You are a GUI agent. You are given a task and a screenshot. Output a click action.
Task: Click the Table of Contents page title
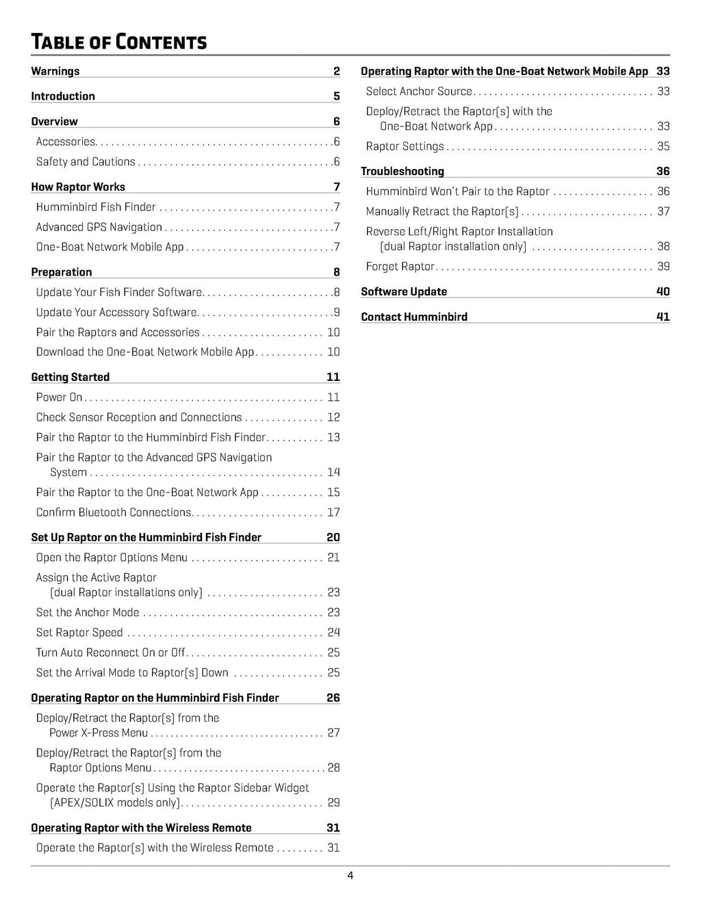pyautogui.click(x=118, y=42)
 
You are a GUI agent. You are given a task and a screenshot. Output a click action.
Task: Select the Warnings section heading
pyautogui.click(x=55, y=71)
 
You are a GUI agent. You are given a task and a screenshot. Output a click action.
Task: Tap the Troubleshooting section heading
pyautogui.click(x=403, y=171)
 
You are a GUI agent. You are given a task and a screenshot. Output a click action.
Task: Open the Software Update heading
pyautogui.click(x=404, y=291)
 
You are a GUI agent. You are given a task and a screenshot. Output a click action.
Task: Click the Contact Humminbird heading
pyautogui.click(x=414, y=317)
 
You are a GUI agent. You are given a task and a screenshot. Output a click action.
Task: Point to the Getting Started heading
pyautogui.click(x=71, y=377)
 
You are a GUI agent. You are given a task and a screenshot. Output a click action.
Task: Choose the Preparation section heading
pyautogui.click(x=62, y=272)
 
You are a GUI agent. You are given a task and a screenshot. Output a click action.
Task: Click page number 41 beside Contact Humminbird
pyautogui.click(x=663, y=317)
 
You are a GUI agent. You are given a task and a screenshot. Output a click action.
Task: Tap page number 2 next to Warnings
pyautogui.click(x=336, y=71)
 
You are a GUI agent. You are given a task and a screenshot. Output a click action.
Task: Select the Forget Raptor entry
pyautogui.click(x=400, y=266)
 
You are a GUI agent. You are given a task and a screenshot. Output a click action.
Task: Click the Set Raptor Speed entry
pyautogui.click(x=79, y=633)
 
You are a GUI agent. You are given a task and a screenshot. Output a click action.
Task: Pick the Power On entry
pyautogui.click(x=60, y=397)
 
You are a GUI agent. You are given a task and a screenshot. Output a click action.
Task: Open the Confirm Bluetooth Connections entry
pyautogui.click(x=114, y=512)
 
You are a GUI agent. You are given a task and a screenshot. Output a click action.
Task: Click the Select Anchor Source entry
pyautogui.click(x=419, y=91)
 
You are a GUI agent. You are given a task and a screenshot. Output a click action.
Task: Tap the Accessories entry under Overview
pyautogui.click(x=66, y=142)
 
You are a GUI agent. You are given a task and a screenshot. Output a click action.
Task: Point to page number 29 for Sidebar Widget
pyautogui.click(x=333, y=802)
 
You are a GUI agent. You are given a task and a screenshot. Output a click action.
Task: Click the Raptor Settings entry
pyautogui.click(x=405, y=146)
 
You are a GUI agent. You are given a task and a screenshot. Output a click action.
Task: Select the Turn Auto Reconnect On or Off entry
pyautogui.click(x=111, y=653)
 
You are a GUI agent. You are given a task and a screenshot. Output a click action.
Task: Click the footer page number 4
pyautogui.click(x=350, y=876)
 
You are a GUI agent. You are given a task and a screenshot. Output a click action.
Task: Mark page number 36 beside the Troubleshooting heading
pyautogui.click(x=663, y=171)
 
